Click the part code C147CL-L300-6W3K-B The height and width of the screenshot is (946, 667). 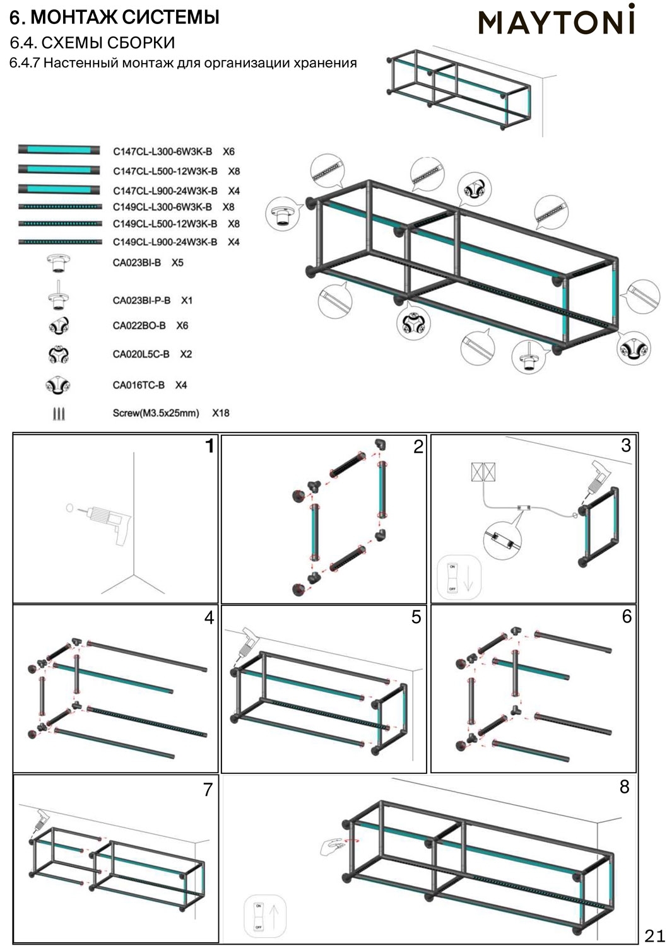[162, 151]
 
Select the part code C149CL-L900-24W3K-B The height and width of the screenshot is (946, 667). [165, 242]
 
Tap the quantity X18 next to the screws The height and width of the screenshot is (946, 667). [221, 413]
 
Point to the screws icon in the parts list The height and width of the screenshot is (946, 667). [59, 414]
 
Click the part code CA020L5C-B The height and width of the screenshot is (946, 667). [141, 354]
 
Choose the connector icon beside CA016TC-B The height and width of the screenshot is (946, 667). [58, 385]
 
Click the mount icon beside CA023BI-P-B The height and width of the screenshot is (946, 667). [59, 296]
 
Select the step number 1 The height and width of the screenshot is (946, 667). [210, 447]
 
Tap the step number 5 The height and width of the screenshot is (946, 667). [416, 617]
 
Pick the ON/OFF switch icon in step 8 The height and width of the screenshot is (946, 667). [258, 916]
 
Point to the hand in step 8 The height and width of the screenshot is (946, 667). [333, 846]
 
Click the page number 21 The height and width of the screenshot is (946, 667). [654, 935]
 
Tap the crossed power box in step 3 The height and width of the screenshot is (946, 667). [483, 472]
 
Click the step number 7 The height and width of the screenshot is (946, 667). [208, 789]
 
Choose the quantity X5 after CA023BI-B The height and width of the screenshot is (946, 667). [177, 262]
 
